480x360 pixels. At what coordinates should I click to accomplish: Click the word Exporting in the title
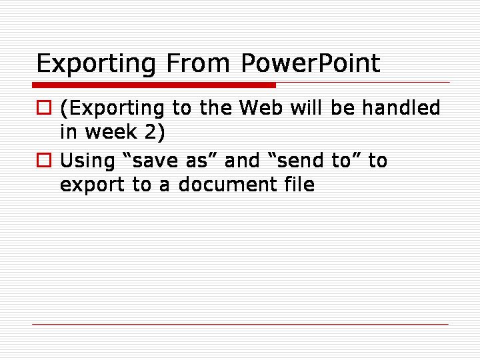coord(96,64)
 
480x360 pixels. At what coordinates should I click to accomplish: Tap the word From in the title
coord(198,63)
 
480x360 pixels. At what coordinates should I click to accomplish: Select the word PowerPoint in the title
coord(311,63)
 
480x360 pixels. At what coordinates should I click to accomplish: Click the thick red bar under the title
coord(154,85)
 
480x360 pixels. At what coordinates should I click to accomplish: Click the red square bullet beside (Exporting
coord(44,107)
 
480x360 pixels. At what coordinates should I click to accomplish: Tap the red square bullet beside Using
coord(44,160)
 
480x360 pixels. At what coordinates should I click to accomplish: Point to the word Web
coord(261,107)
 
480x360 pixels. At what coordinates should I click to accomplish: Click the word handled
coord(401,107)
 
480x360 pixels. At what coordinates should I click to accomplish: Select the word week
coord(111,131)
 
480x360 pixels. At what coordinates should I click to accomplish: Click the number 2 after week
coord(151,131)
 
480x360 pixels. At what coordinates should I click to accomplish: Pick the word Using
coord(87,161)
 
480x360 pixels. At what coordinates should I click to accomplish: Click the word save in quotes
coord(155,161)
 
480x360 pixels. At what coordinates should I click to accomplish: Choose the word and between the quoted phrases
coord(242,160)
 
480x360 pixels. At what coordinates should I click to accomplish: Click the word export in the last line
coord(92,185)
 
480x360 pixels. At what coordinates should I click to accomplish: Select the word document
coord(227,184)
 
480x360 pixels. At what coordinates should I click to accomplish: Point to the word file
coord(299,184)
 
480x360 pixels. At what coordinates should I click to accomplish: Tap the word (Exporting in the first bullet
coord(112,109)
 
